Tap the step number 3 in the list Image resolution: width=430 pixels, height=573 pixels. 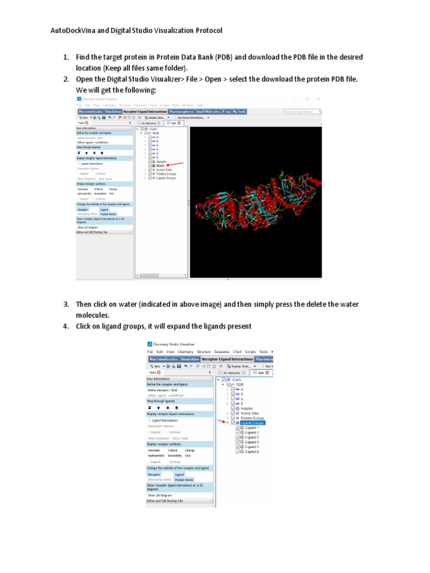pyautogui.click(x=66, y=304)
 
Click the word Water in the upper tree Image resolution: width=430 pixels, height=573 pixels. pyautogui.click(x=161, y=166)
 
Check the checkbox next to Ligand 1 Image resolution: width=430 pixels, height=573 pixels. pyautogui.click(x=239, y=428)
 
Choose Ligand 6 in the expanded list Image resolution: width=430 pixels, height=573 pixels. pyautogui.click(x=252, y=452)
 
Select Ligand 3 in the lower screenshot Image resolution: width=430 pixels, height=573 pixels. pyautogui.click(x=252, y=438)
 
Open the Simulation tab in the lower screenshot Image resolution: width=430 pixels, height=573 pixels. pyautogui.click(x=190, y=359)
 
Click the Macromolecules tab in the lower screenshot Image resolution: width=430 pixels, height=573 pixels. pyautogui.click(x=163, y=359)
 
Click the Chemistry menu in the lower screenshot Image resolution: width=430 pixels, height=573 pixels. pyautogui.click(x=185, y=352)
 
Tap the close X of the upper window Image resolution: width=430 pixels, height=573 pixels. pyautogui.click(x=318, y=98)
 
